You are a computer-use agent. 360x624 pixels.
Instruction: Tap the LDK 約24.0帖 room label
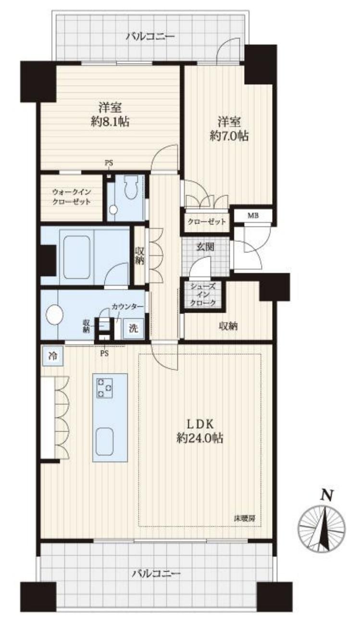tap(202, 431)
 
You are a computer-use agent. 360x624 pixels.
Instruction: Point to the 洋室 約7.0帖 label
tap(228, 129)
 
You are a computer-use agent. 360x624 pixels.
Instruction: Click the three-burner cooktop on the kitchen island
tap(106, 388)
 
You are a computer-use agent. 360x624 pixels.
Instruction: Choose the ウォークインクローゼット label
tap(71, 198)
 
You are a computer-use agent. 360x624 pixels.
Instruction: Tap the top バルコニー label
tap(150, 36)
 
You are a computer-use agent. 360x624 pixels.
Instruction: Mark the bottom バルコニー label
tap(156, 574)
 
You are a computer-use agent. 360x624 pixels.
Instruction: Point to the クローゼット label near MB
tap(205, 222)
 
